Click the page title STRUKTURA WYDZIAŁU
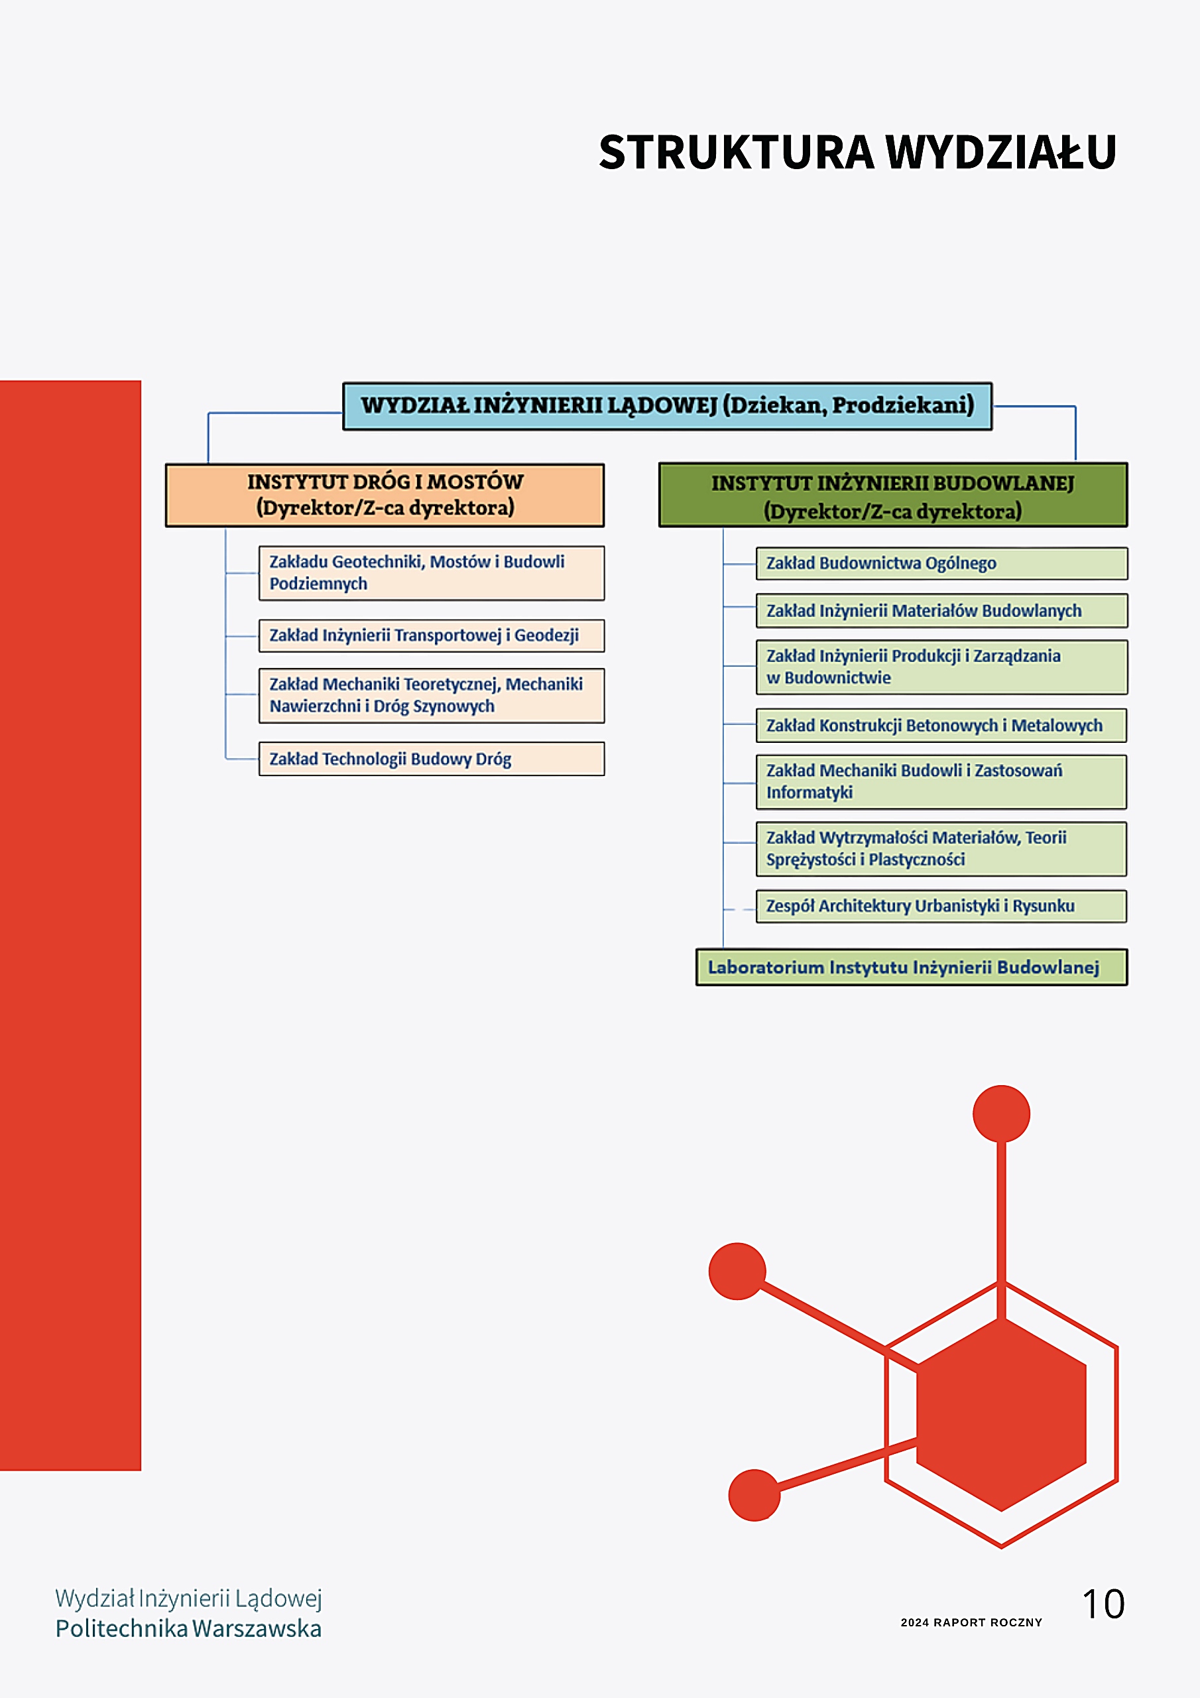click(857, 152)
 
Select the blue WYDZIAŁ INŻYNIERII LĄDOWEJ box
click(667, 406)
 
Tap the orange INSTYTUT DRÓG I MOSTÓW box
click(385, 495)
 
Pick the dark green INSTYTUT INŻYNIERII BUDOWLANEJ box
click(893, 495)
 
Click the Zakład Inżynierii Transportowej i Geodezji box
click(431, 635)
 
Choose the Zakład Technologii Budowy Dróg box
click(431, 759)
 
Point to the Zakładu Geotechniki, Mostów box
click(431, 572)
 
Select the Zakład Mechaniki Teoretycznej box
click(431, 695)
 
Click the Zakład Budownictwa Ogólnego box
click(941, 564)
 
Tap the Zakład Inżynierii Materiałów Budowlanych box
click(941, 611)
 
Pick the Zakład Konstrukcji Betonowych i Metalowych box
click(941, 726)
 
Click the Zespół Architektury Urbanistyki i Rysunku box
click(941, 906)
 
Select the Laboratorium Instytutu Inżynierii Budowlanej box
click(912, 967)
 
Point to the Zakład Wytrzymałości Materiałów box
click(941, 849)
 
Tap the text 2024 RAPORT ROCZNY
click(971, 1622)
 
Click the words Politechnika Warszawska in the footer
click(188, 1628)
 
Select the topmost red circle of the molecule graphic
click(1001, 1114)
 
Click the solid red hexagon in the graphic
click(1001, 1415)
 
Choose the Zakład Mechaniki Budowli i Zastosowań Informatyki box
click(941, 782)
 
